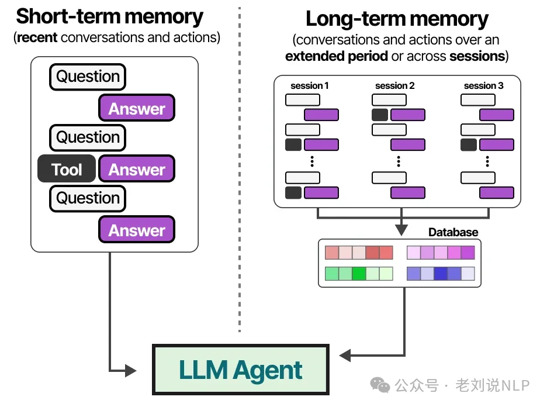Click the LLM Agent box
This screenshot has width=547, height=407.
240,370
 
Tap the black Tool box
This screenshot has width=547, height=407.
67,170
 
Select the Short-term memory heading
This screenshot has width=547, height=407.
110,16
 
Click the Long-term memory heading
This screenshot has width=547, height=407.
397,19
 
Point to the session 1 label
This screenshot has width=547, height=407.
309,85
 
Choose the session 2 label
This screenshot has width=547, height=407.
395,85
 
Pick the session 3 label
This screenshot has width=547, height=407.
483,85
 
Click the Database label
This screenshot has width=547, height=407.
453,232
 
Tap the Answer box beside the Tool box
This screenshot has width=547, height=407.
137,170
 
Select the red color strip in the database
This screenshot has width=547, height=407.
359,253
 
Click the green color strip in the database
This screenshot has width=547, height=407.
359,273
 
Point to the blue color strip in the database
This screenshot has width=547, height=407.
441,273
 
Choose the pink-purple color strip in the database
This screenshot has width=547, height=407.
441,253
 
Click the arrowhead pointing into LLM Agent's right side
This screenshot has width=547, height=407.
345,355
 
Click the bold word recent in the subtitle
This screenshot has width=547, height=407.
36,38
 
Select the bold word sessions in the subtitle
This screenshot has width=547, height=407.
476,56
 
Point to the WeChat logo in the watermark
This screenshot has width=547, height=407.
382,385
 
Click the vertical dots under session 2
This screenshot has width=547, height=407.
399,161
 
